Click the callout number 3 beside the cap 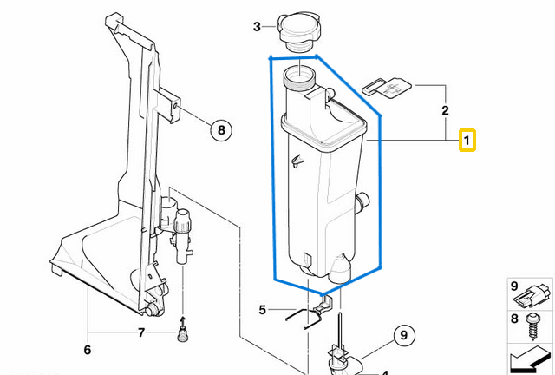(257, 27)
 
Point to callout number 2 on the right (445, 110)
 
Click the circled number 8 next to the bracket (221, 131)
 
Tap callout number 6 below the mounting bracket (87, 350)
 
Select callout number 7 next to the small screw (140, 332)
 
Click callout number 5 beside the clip (263, 309)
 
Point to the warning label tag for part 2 (385, 87)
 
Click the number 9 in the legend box (514, 286)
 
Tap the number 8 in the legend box (514, 319)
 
